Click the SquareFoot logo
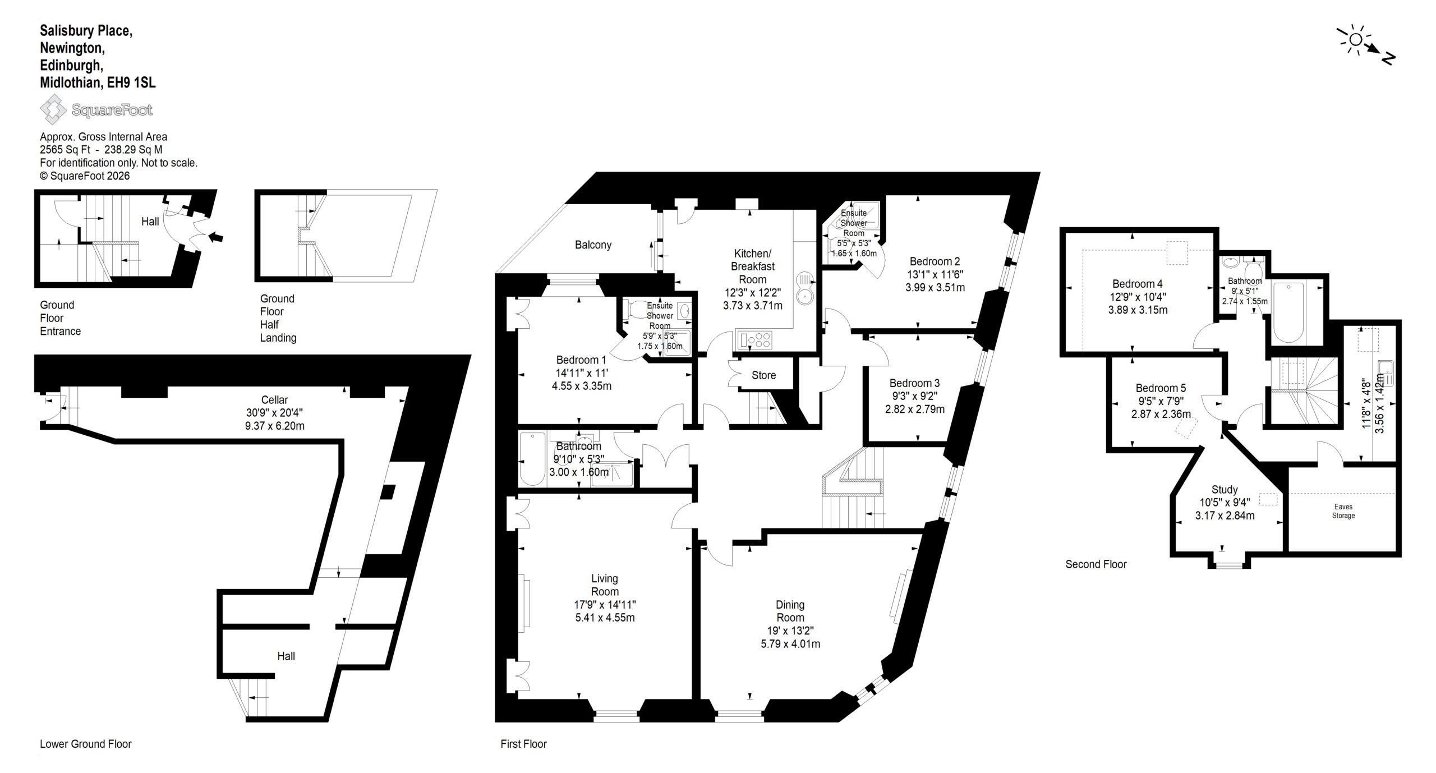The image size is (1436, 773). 96,109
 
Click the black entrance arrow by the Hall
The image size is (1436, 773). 215,237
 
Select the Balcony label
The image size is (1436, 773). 593,245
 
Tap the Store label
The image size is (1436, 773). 763,375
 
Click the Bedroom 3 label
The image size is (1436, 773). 914,383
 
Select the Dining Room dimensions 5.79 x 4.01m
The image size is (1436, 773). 790,644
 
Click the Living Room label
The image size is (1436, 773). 605,585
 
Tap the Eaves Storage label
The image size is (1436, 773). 1343,511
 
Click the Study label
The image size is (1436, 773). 1225,490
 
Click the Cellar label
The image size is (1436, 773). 274,400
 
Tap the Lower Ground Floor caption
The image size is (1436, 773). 86,744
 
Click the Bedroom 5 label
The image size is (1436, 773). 1161,388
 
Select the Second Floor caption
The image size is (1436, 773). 1096,564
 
